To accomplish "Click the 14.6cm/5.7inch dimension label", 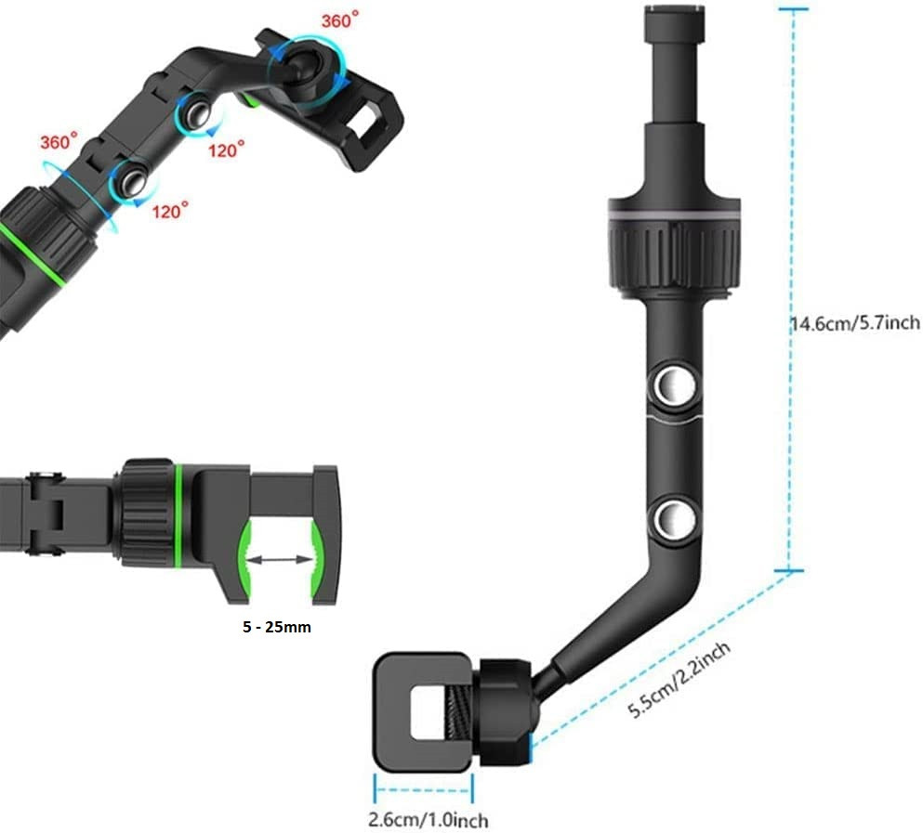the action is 855,323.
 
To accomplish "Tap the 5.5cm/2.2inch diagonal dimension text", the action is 679,680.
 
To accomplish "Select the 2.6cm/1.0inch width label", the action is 428,819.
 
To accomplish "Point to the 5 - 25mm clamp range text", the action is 277,627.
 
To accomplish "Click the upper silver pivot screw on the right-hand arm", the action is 675,386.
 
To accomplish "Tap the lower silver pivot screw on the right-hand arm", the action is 675,519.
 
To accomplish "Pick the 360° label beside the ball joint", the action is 339,20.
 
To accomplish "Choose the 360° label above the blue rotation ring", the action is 59,141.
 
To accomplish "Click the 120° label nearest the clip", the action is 226,150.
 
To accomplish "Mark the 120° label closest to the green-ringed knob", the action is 170,210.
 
